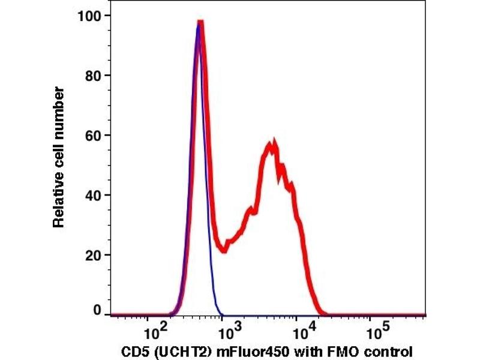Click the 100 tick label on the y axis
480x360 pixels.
(x=89, y=16)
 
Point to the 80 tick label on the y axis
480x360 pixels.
(x=92, y=76)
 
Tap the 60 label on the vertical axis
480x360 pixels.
(x=92, y=135)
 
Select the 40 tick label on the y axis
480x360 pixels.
(x=92, y=195)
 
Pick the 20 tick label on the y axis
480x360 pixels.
(x=92, y=255)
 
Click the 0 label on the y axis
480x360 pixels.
(x=97, y=310)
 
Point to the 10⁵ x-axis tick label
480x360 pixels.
(x=376, y=331)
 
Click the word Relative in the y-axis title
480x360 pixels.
(x=58, y=197)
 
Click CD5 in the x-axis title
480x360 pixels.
(x=134, y=351)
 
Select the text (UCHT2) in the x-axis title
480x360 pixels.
(x=175, y=351)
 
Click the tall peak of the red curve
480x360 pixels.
(x=201, y=25)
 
